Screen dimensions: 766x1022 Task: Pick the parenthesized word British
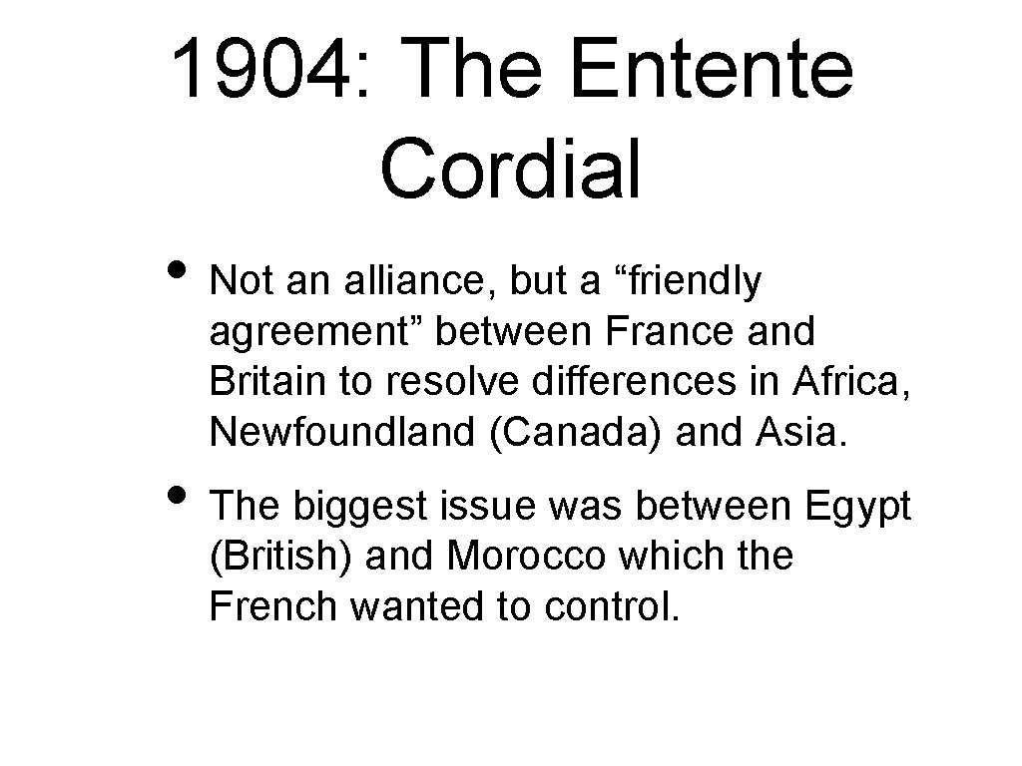280,556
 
